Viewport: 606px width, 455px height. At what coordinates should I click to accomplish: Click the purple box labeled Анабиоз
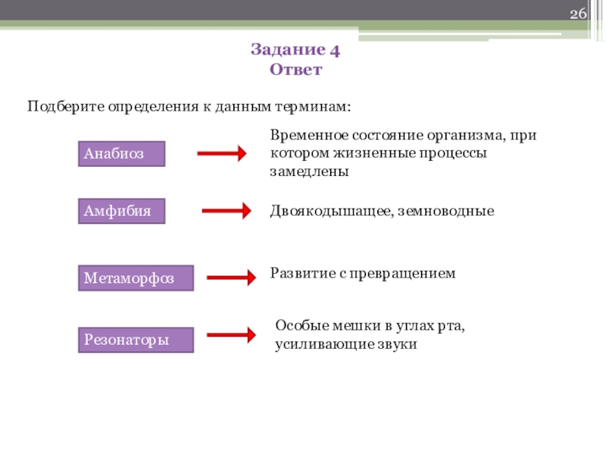pyautogui.click(x=122, y=154)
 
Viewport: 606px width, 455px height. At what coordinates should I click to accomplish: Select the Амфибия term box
pyautogui.click(x=122, y=212)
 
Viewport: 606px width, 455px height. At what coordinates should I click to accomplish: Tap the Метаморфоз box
pyautogui.click(x=136, y=278)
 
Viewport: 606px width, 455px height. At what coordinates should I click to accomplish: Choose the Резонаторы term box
pyautogui.click(x=136, y=340)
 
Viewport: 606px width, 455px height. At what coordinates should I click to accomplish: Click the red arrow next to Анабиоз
pyautogui.click(x=222, y=154)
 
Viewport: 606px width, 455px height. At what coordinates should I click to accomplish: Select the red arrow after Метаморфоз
pyautogui.click(x=231, y=278)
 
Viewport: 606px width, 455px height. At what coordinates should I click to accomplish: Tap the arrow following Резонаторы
pyautogui.click(x=231, y=334)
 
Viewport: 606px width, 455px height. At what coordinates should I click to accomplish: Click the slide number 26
pyautogui.click(x=578, y=15)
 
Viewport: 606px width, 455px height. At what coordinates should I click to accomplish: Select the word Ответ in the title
pyautogui.click(x=295, y=70)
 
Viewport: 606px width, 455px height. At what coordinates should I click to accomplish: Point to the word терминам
pyautogui.click(x=317, y=105)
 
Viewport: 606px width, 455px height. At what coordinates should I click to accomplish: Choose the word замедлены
pyautogui.click(x=309, y=171)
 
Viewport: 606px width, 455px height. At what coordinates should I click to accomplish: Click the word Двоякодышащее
pyautogui.click(x=330, y=212)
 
